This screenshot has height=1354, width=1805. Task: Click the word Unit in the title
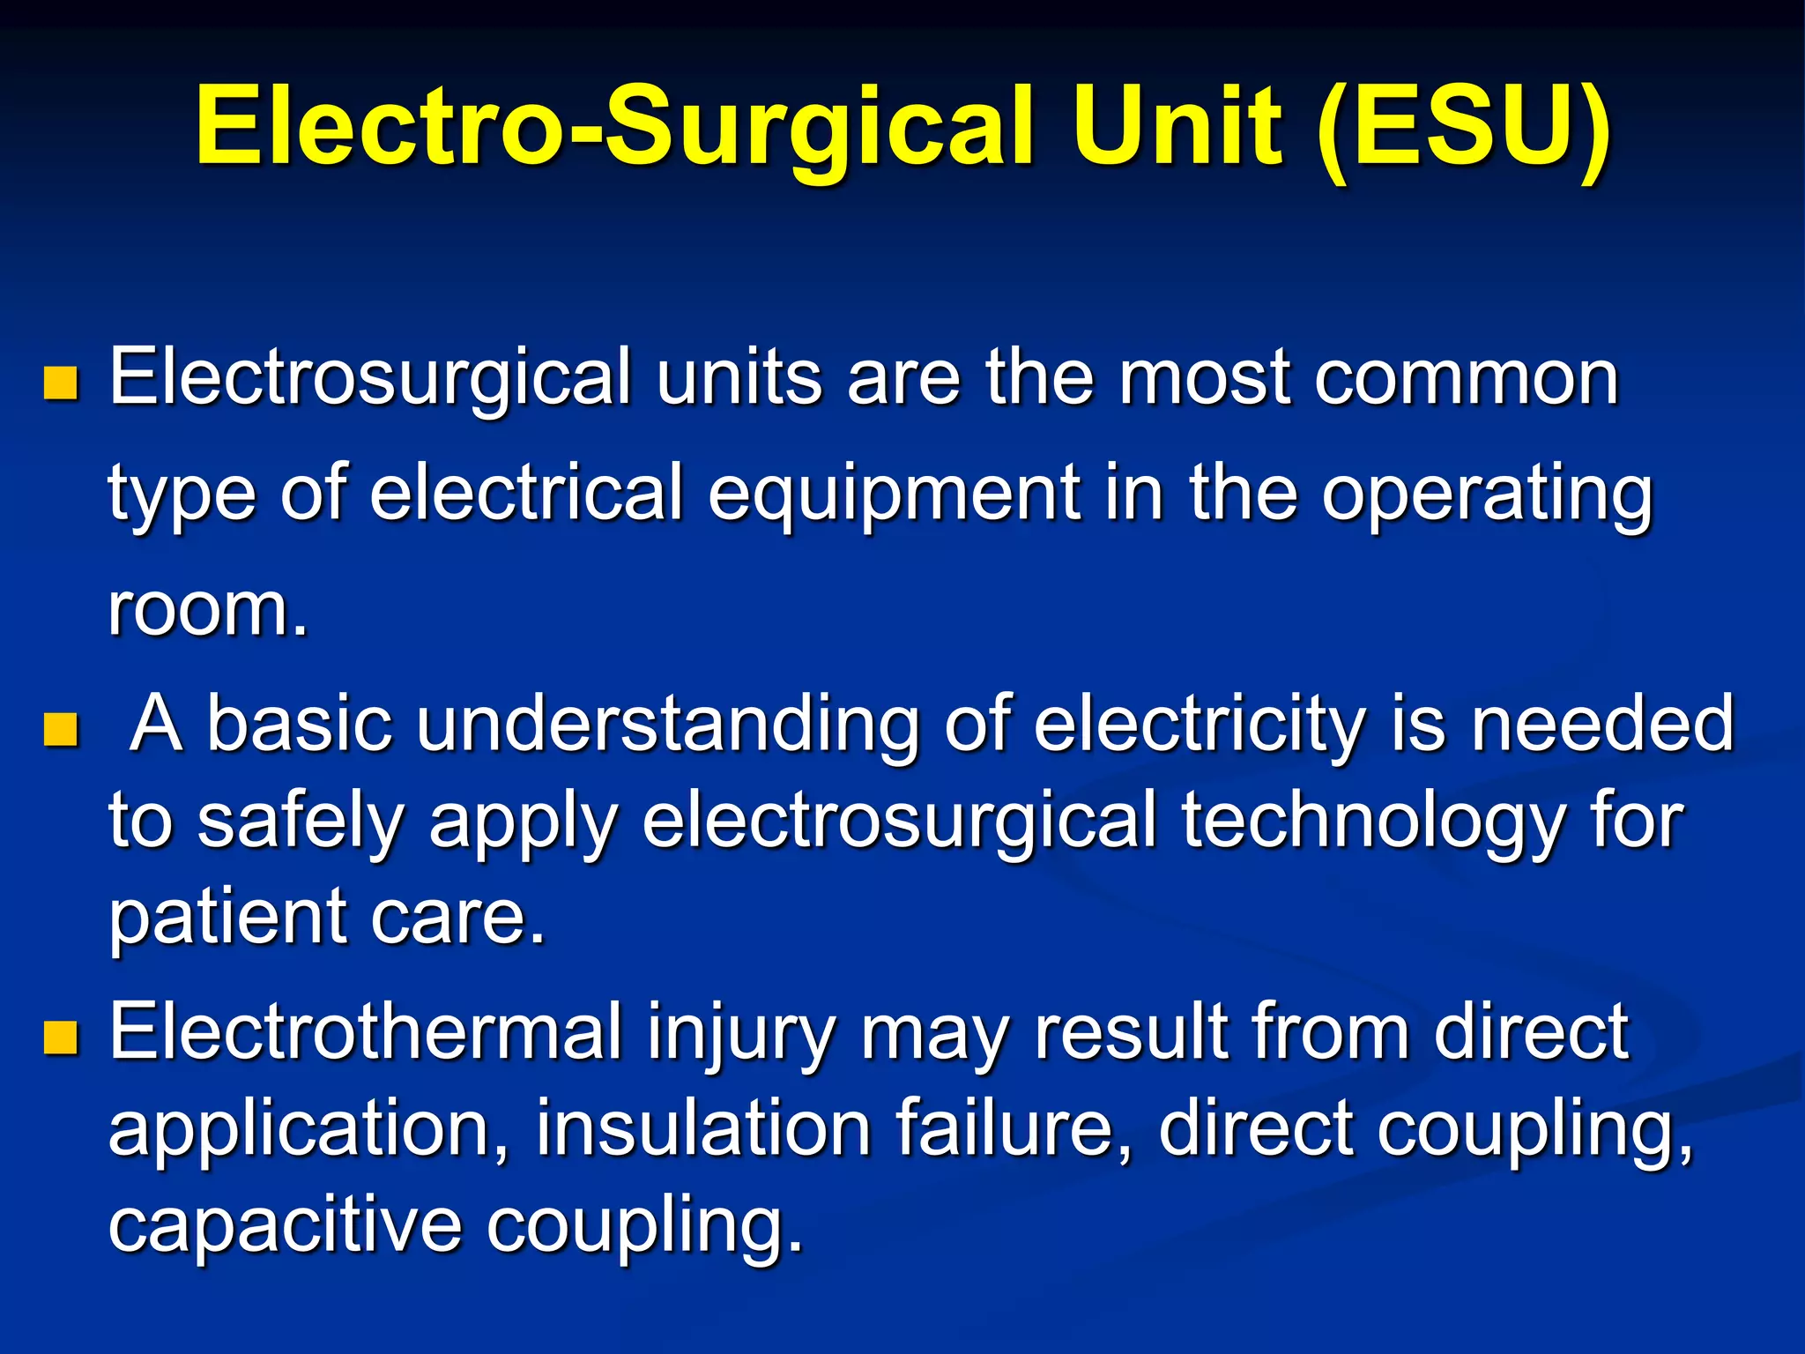pos(1177,126)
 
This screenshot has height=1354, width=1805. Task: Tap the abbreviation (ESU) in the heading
pos(1464,126)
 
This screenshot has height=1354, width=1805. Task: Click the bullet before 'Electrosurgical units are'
pos(61,383)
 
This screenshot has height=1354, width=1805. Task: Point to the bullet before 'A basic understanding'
pos(61,729)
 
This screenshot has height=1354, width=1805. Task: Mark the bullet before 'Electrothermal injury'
pos(61,1038)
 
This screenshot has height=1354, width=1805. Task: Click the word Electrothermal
pos(365,1033)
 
